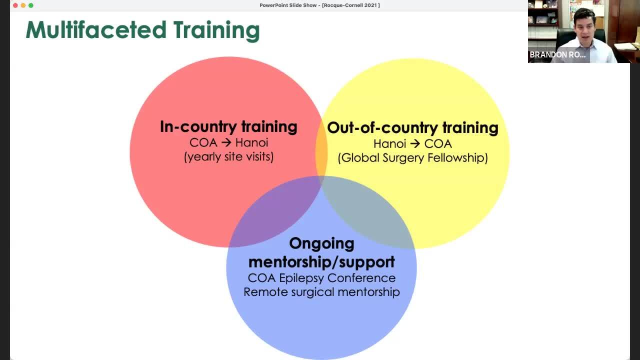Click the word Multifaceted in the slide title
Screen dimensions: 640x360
96,29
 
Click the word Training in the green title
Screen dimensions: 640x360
216,31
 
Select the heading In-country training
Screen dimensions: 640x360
228,126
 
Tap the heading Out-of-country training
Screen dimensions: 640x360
412,127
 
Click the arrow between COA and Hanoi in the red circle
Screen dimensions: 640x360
226,142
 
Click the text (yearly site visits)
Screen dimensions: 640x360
228,157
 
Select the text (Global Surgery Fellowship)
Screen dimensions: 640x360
412,158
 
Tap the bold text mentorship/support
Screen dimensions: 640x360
321,262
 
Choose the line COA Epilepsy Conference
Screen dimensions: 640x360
321,278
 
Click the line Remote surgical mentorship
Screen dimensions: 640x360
321,292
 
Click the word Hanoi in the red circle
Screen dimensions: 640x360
251,142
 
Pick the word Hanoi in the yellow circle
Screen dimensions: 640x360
389,144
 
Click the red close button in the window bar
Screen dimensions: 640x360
15,5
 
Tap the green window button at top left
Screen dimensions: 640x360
31,5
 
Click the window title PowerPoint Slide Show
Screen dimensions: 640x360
288,5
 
